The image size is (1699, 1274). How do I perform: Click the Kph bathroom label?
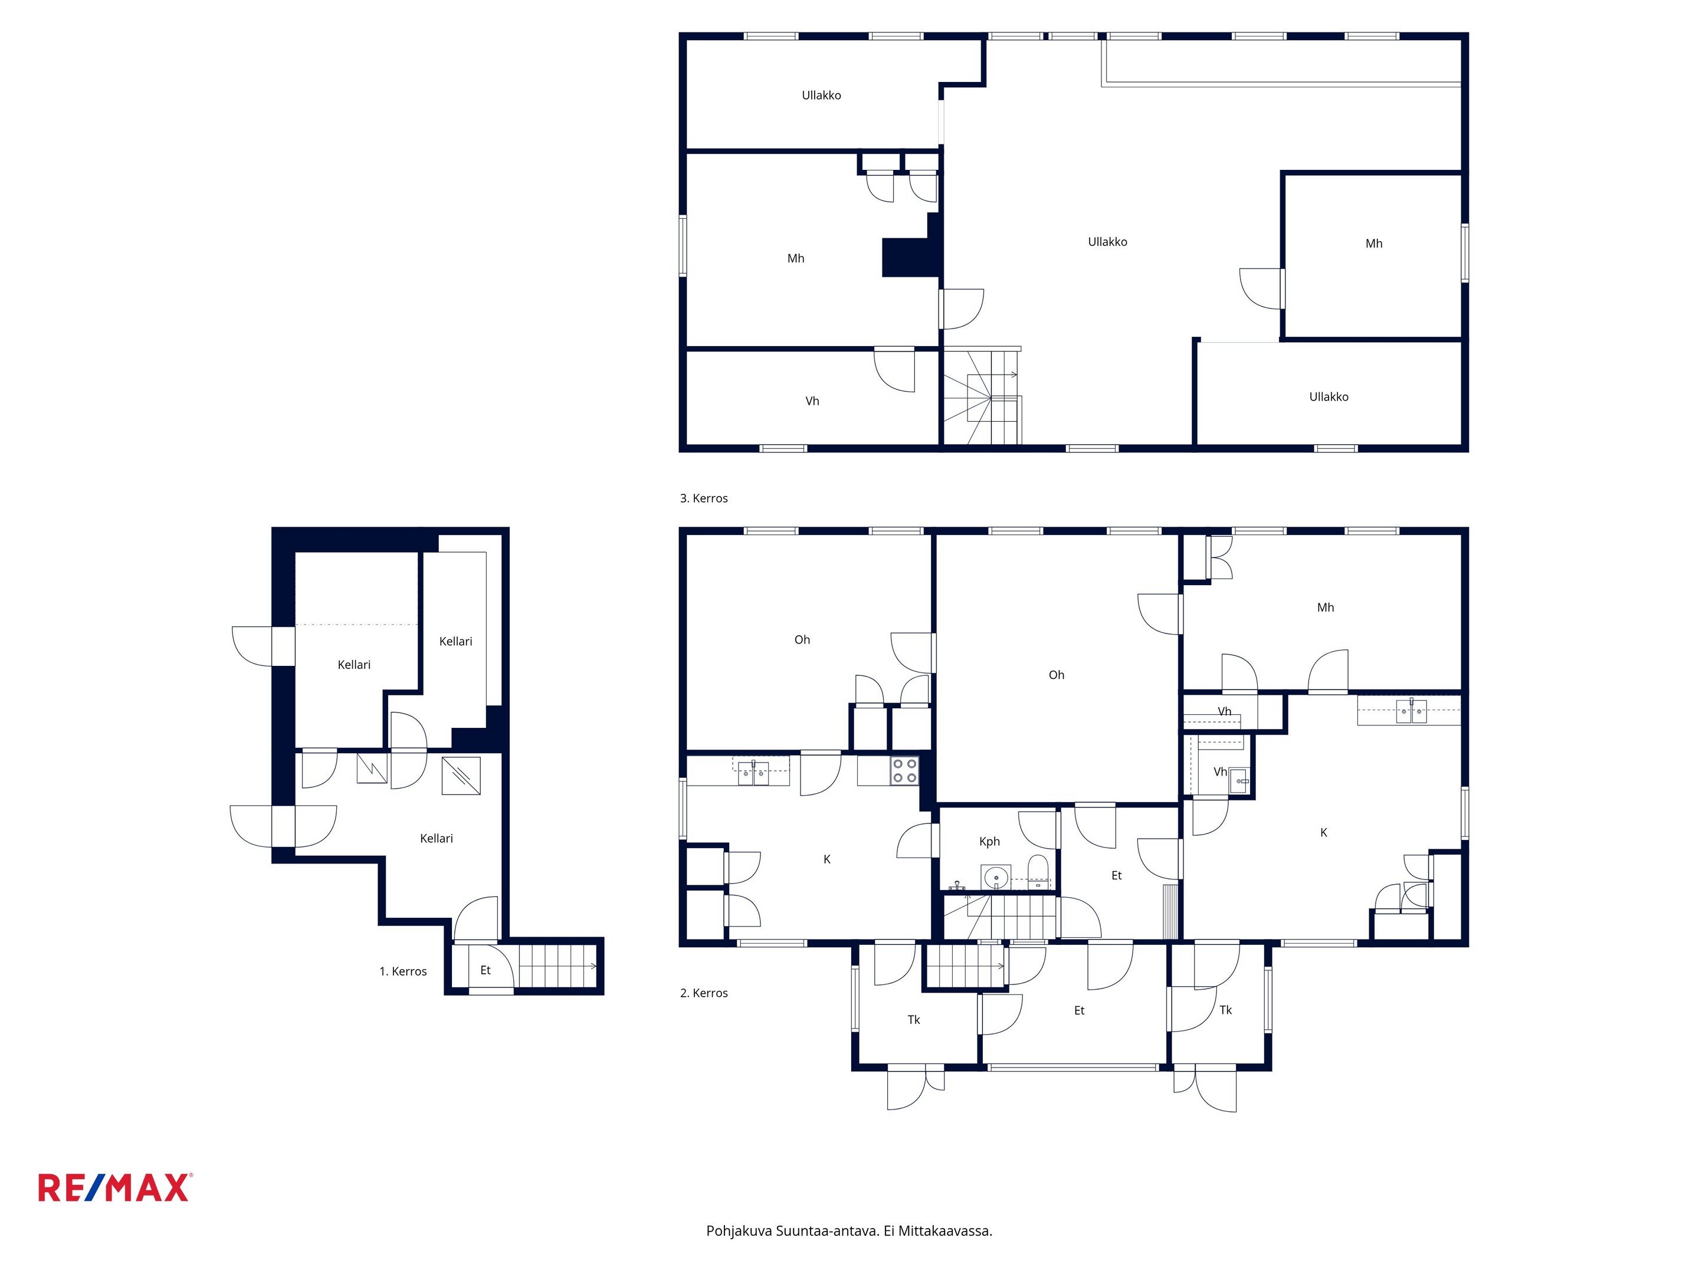pos(989,842)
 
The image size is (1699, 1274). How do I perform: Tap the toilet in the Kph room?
pos(1038,872)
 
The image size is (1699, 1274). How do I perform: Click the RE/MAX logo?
pos(114,1187)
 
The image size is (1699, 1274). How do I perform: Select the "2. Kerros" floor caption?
pos(704,993)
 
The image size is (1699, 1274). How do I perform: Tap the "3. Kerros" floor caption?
pos(704,498)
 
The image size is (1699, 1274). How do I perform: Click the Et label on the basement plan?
pos(486,970)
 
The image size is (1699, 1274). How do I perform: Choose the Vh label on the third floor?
pos(812,401)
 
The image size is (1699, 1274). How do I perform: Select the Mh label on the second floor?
pos(1326,608)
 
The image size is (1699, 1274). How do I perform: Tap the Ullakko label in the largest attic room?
pos(1107,242)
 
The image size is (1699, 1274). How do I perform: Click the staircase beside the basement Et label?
pos(559,966)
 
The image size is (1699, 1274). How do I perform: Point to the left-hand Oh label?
pos(802,640)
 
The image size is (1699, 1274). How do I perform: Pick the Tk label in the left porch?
pos(914,1020)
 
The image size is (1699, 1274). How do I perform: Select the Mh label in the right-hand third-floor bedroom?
pos(1374,244)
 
